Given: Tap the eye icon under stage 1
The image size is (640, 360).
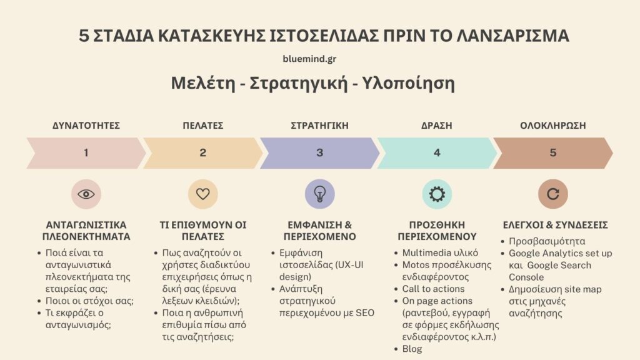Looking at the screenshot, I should (x=86, y=194).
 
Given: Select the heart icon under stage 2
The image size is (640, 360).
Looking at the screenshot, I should (x=202, y=194).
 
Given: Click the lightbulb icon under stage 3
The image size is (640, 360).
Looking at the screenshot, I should (x=319, y=194).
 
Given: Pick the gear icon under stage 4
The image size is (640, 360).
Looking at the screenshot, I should (x=437, y=194).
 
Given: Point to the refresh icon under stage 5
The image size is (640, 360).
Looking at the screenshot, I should (x=553, y=194).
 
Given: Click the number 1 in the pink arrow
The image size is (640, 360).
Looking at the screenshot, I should (x=86, y=152).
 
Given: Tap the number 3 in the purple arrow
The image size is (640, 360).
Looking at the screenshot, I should (x=319, y=152).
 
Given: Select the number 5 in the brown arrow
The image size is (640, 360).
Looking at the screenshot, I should (x=553, y=152).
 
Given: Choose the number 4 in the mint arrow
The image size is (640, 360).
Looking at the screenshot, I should (x=437, y=152).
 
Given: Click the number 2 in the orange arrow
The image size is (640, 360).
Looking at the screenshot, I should (x=202, y=152).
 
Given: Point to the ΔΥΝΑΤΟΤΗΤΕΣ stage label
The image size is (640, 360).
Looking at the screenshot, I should (x=86, y=125).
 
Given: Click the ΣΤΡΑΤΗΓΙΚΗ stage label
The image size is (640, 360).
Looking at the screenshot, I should (x=319, y=125).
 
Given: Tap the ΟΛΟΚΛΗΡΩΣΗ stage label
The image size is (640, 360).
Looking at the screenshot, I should (x=553, y=125).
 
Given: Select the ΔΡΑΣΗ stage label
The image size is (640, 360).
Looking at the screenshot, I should (x=437, y=125).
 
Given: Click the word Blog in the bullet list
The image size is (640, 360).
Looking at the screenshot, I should (x=412, y=349).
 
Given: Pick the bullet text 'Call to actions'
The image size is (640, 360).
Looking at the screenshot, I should (x=433, y=289).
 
